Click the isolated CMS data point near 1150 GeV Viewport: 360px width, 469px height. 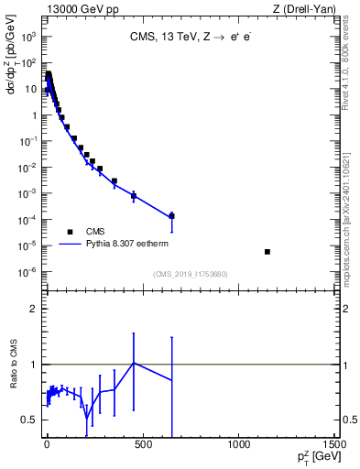click(267, 251)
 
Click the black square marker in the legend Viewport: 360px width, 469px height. click(70, 232)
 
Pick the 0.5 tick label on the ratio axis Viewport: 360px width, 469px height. click(29, 420)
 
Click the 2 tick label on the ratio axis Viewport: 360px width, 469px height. click(33, 309)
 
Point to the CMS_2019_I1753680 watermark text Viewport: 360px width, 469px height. click(190, 274)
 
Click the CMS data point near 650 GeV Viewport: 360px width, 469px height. click(171, 215)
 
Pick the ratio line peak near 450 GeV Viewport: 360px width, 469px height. click(134, 363)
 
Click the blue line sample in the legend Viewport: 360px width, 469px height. click(70, 245)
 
